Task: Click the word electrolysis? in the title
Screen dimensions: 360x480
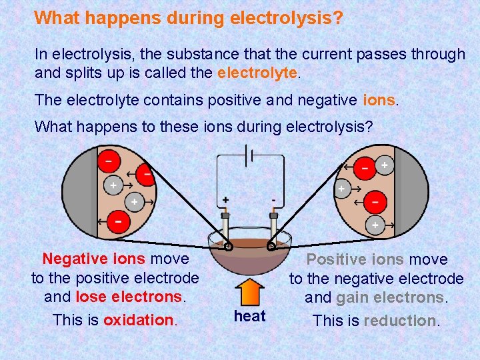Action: tap(286, 17)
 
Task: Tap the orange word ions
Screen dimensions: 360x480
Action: tap(379, 101)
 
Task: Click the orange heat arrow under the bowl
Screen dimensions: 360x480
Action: tap(249, 291)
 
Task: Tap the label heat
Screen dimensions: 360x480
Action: tap(249, 316)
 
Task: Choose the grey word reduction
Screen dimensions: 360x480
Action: tap(400, 321)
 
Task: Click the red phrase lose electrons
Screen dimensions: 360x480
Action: tap(129, 296)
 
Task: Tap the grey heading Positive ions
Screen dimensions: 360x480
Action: tap(355, 259)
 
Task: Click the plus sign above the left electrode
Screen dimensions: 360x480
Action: tap(225, 200)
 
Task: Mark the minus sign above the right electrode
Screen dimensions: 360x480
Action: tap(273, 200)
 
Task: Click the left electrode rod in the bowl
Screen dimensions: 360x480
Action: tap(226, 230)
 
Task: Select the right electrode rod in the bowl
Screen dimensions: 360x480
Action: tap(273, 230)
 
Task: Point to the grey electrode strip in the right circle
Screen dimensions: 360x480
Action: tap(419, 193)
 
